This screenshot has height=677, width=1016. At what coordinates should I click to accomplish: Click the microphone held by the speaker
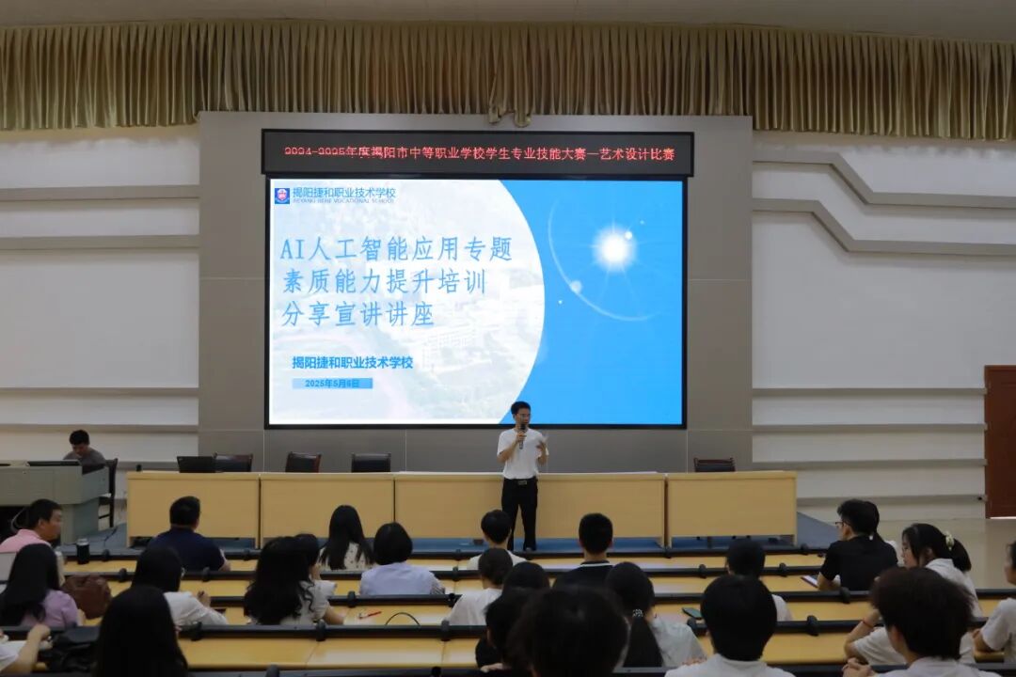522,432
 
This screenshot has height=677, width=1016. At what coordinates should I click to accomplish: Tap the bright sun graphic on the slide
614,248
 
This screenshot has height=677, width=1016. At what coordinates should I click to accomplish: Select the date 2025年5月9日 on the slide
332,384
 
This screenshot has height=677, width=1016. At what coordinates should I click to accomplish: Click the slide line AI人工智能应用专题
396,249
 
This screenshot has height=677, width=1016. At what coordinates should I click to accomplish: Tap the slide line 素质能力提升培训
384,282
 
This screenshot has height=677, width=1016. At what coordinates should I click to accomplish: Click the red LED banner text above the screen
478,153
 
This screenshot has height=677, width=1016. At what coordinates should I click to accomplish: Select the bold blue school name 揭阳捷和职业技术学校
353,362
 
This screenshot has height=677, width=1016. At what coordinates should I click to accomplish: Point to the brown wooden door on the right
999,441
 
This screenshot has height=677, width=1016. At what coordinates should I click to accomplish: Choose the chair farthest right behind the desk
713,464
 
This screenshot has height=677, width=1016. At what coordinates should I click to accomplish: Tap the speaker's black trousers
519,508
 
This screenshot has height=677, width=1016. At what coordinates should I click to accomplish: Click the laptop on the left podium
53,463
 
